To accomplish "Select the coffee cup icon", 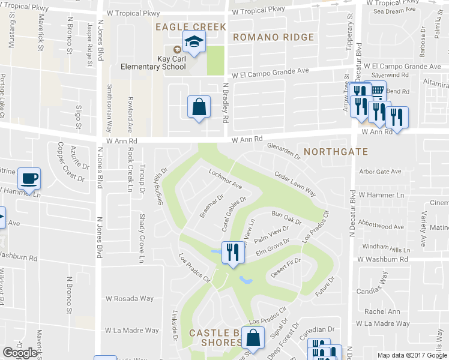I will tap(28, 179).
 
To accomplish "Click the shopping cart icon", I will tap(376, 91).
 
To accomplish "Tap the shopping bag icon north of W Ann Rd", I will tap(198, 107).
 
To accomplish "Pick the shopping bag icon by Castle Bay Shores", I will tap(253, 338).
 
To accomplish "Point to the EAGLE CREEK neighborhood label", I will tap(190, 27).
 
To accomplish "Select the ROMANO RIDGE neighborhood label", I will tap(273, 37).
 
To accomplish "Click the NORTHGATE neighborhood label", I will tap(336, 152).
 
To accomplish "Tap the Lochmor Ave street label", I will tap(225, 179).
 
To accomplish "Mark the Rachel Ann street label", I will tap(382, 311).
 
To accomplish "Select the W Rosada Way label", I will tap(130, 298).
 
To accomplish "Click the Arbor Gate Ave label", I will tap(379, 172).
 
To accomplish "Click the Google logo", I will tap(20, 353).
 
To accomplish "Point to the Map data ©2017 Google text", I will tap(412, 355).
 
